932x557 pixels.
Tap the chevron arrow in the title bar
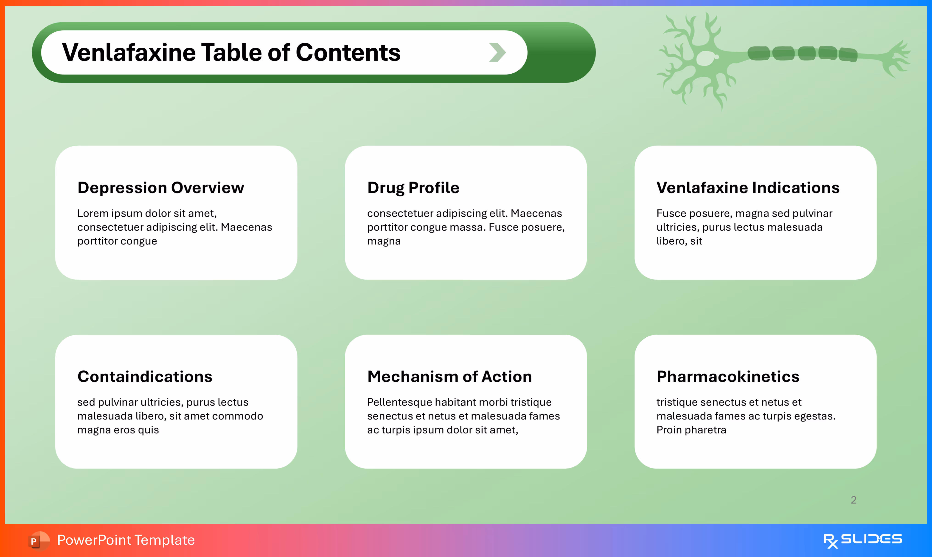(x=497, y=52)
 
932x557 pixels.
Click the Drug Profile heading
(x=413, y=188)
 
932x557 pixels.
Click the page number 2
(x=853, y=500)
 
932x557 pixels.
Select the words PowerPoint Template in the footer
(x=126, y=540)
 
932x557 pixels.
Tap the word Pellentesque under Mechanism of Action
(x=399, y=402)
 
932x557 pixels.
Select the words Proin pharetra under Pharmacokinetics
(x=691, y=430)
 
